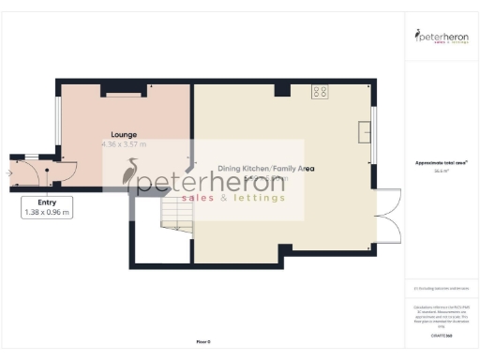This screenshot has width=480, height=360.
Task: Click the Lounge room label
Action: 124,134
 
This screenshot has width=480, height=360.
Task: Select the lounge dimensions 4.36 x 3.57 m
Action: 124,145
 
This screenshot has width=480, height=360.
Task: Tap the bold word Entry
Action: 47,202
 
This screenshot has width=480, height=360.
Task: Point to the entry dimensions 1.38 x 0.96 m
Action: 47,213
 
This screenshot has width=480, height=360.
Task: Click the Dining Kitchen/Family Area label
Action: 265,169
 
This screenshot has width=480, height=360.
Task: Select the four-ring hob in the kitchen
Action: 321,92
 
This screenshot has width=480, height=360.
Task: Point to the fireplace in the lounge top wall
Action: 123,93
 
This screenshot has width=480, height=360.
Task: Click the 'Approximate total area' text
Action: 441,162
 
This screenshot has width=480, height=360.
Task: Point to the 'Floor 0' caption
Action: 203,342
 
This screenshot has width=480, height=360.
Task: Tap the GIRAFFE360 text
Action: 441,333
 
